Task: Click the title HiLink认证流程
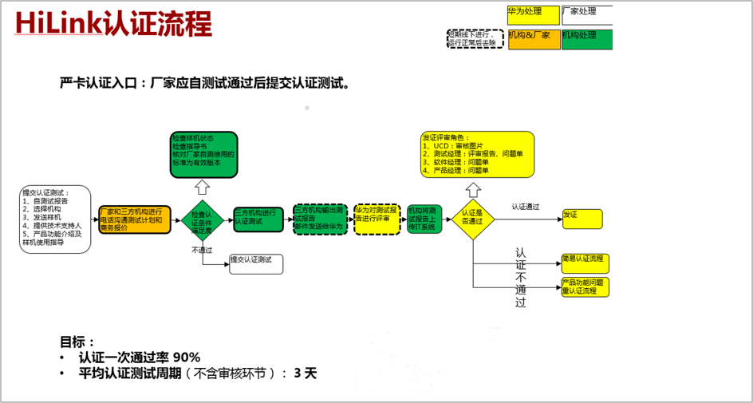(x=112, y=24)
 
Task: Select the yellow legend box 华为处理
(x=533, y=15)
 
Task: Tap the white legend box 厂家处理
(x=587, y=15)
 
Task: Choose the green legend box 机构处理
(x=587, y=39)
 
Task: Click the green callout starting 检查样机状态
(x=203, y=154)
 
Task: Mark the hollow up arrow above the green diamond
(x=203, y=187)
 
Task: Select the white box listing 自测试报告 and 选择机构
(x=56, y=219)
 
